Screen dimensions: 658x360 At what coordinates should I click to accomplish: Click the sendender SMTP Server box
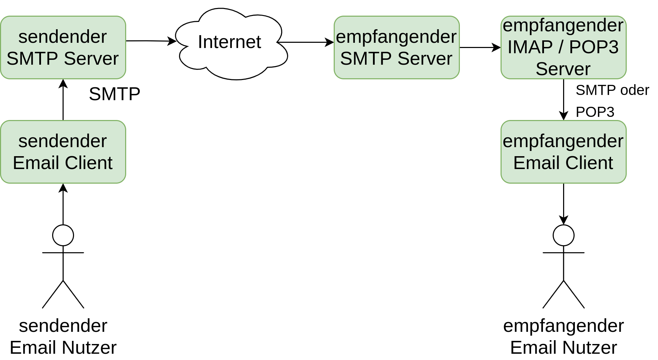63,47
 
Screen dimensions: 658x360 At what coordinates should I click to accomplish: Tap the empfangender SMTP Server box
397,47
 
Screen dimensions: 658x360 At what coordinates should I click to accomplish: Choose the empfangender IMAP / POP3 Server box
563,47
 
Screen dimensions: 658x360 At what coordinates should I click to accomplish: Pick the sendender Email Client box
63,152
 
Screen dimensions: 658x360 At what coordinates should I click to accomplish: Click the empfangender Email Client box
563,152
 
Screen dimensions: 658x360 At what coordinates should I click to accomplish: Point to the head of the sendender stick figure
63,235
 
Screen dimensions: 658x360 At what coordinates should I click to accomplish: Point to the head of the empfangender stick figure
563,235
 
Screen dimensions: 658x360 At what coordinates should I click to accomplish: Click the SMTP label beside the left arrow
114,94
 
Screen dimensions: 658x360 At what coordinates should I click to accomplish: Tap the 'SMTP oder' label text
612,90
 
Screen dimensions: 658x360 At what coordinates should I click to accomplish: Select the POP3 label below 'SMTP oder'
595,112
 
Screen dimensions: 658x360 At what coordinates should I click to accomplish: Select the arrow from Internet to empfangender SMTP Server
306,42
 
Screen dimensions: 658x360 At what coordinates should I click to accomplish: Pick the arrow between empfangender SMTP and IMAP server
480,47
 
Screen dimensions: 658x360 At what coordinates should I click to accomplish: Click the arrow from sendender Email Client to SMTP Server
63,100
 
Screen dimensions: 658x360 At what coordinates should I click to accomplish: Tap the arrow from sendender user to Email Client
63,204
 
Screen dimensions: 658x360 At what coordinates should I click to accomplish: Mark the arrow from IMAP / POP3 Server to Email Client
563,100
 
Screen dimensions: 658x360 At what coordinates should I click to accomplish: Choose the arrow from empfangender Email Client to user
563,204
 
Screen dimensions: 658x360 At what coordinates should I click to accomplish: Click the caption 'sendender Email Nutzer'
63,336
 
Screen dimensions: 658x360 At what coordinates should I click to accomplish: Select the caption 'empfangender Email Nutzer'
563,336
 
